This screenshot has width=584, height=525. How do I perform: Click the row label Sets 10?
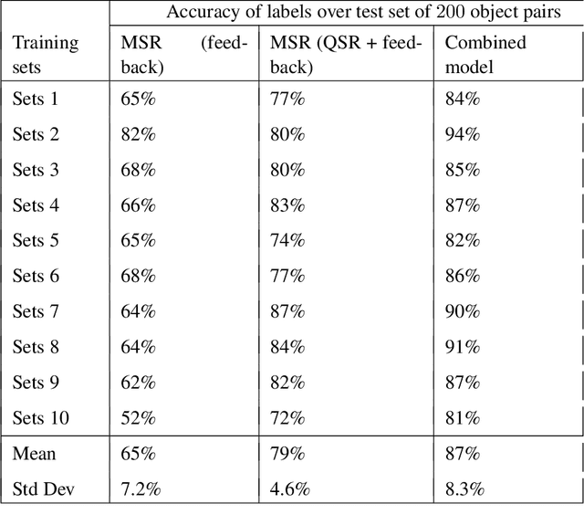41,418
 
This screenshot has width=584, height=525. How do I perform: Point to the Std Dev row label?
45,489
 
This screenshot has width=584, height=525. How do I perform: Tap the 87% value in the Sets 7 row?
287,312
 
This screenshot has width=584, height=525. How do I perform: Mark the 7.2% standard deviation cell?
141,489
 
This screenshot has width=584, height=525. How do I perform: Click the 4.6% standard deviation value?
291,489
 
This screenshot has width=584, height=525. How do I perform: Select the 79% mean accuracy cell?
287,454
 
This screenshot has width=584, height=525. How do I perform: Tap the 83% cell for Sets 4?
287,205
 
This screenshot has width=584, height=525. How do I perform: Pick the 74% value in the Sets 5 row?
287,241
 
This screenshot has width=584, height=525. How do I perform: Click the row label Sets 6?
36,277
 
